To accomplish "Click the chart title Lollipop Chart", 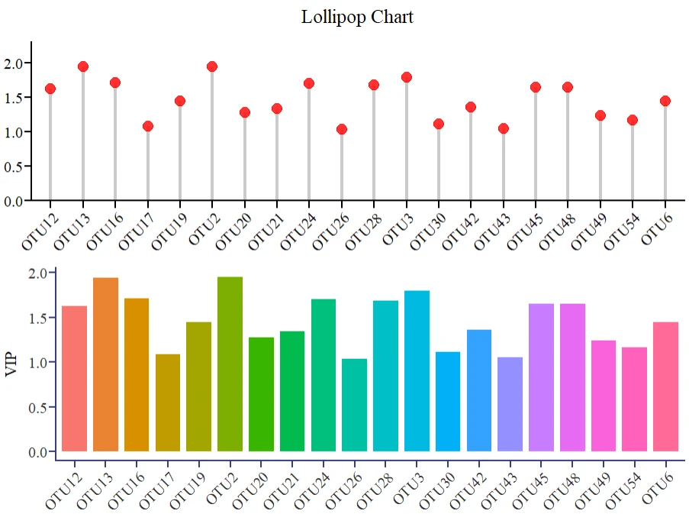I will tap(357, 17).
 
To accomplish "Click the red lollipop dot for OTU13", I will tap(82, 66).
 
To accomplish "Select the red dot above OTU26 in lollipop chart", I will tap(342, 129).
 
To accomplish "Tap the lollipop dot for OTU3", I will tap(406, 77).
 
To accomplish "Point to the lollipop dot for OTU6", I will tap(665, 101).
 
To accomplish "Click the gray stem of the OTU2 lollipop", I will tap(212, 137).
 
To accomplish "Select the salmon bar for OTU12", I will tap(74, 378).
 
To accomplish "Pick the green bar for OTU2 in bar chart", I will tap(230, 364).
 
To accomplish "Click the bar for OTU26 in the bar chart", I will tap(354, 405).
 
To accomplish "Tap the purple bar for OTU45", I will tap(541, 377).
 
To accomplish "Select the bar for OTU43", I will tap(510, 404).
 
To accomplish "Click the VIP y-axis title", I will tap(11, 362).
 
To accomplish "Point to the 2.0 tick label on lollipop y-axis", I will tap(13, 63).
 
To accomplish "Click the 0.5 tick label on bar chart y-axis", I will tap(37, 407).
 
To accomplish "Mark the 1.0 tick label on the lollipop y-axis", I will tap(13, 132).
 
